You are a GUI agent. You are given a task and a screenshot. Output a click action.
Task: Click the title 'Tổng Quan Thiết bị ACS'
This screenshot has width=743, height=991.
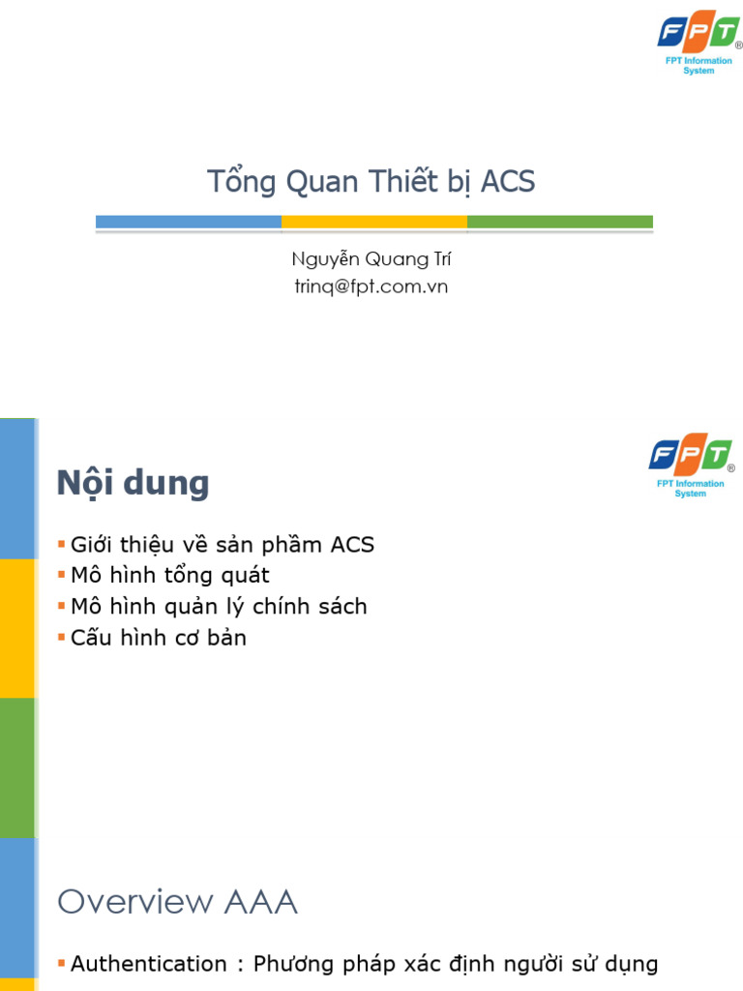(371, 181)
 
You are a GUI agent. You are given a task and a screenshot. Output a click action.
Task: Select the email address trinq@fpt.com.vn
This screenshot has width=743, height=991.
(371, 286)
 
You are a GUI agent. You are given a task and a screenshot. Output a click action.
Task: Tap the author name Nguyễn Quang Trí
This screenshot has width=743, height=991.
(371, 259)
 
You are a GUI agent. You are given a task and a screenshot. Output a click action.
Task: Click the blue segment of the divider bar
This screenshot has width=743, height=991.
(189, 222)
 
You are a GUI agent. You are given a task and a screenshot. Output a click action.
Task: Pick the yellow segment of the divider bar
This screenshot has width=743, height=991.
(374, 222)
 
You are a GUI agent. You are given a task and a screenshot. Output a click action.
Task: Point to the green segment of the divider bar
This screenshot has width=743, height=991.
(559, 222)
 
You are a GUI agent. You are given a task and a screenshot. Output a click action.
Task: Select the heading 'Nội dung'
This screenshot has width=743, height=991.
(133, 482)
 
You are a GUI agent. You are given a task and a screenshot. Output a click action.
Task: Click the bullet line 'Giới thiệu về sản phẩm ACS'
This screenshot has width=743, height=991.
(222, 545)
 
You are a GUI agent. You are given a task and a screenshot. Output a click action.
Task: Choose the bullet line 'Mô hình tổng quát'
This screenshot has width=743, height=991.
(169, 576)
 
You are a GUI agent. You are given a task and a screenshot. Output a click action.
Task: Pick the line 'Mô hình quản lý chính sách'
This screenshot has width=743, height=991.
(219, 607)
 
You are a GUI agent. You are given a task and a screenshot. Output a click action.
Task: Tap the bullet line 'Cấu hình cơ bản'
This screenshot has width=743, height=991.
(158, 638)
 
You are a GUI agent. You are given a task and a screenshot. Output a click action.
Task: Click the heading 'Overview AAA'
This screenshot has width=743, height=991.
(177, 902)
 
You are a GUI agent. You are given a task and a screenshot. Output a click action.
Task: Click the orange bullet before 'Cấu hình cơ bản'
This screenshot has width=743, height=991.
(62, 638)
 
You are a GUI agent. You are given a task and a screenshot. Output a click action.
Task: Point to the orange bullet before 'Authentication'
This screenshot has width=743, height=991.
(62, 964)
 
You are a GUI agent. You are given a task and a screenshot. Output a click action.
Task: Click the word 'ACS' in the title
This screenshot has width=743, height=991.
(508, 181)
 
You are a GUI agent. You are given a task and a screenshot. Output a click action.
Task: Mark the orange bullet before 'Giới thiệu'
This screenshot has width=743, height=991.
(62, 545)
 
